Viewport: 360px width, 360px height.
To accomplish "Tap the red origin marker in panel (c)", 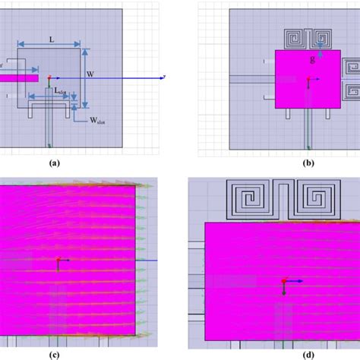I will (58, 261).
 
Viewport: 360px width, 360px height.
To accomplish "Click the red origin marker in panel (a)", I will (49, 77).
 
